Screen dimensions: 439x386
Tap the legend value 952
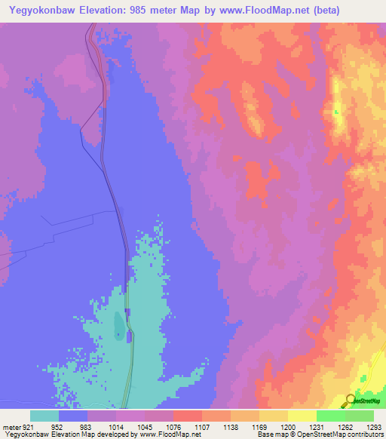[x=55, y=426]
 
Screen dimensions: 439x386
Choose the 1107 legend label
[x=201, y=426]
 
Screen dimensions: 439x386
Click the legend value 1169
[x=259, y=426]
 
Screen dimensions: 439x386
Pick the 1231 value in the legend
[x=317, y=426]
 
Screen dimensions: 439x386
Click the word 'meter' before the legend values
[x=11, y=426]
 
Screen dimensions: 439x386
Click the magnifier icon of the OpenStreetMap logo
[x=351, y=401]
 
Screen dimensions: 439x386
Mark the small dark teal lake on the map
[x=118, y=326]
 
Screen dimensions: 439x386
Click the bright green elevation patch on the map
[x=337, y=114]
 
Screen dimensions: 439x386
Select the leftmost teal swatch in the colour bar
[x=44, y=416]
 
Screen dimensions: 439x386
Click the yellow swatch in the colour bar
[x=302, y=416]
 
